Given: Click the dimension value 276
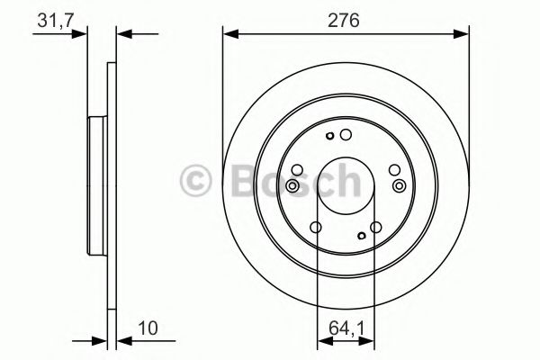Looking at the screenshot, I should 346,20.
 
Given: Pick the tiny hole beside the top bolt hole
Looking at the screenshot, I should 331,137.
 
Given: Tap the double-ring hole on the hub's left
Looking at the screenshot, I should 292,185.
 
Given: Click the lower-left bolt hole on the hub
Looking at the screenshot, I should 314,228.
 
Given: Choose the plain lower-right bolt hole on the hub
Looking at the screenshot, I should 377,229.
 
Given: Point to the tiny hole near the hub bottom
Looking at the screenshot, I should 361,236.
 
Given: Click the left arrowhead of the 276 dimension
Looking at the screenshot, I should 229,34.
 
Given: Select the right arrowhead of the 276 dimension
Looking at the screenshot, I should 463,34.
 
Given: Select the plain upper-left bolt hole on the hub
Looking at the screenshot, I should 299,168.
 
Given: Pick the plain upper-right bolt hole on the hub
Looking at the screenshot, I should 392,168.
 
